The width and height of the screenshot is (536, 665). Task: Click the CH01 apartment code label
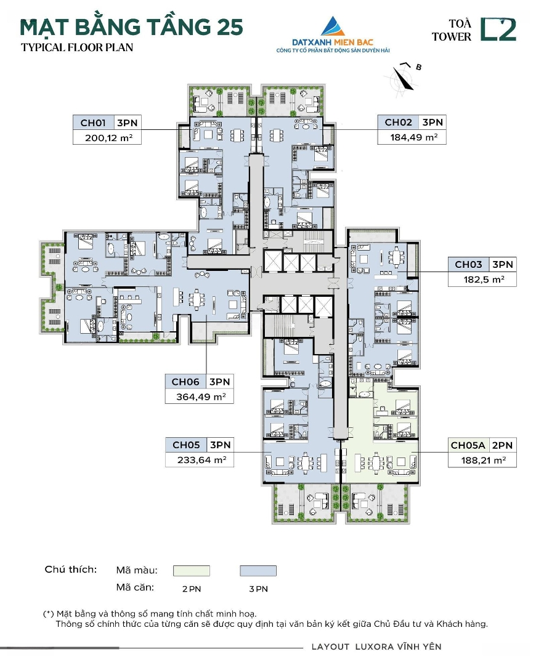click(93, 123)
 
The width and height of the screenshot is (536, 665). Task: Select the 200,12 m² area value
click(108, 138)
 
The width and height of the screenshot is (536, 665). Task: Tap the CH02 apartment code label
click(398, 123)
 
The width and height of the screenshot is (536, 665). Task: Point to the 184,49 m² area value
click(414, 137)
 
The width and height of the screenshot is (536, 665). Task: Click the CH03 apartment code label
click(468, 265)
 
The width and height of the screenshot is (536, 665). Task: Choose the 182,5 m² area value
click(484, 280)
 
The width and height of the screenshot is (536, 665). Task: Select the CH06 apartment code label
click(185, 382)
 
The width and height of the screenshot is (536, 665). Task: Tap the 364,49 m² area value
click(201, 397)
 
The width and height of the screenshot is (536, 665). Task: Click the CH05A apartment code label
click(468, 445)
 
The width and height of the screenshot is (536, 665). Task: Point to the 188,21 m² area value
click(484, 461)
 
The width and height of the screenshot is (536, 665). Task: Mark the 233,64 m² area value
click(201, 460)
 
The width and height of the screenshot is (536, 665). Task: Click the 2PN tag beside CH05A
click(503, 445)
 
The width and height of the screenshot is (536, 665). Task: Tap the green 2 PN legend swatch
click(192, 570)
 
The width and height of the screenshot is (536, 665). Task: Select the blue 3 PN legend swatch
click(258, 570)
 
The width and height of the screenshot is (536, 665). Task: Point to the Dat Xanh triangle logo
click(333, 26)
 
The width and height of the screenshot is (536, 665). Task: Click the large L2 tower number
click(498, 30)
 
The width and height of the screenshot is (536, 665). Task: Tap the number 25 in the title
click(229, 27)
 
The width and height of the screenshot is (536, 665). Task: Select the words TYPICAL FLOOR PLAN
click(77, 47)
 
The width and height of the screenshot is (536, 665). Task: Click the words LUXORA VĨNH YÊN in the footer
click(398, 647)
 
